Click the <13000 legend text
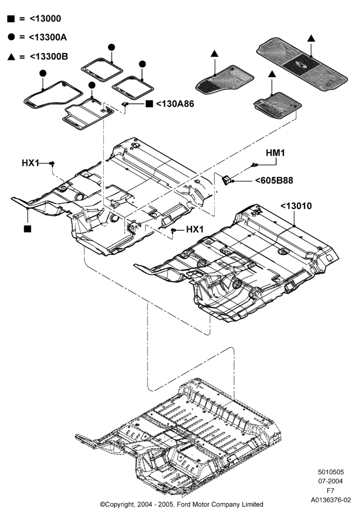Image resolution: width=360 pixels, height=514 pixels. tap(45, 19)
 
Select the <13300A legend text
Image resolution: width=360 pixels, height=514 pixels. tap(48, 38)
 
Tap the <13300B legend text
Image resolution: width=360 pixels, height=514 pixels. tap(49, 57)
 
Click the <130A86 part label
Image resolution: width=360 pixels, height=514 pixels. tap(175, 104)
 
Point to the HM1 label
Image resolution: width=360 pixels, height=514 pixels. tap(276, 153)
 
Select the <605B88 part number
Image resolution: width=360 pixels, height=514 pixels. tap(274, 180)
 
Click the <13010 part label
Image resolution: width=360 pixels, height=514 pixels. tap(296, 206)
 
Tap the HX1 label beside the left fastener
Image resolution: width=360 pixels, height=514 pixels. tap(30, 162)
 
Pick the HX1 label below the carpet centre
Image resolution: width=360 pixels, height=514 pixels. tap(195, 229)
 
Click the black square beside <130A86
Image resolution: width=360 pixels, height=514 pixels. tap(149, 104)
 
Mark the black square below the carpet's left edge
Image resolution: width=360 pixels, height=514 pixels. tap(28, 229)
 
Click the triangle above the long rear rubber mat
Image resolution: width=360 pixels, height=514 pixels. tap(311, 38)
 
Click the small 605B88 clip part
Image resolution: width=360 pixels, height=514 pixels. tap(227, 179)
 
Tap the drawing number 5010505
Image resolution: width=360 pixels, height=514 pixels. tap(331, 472)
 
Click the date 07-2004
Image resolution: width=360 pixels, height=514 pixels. tap(331, 481)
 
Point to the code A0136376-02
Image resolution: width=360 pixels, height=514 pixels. tap(331, 500)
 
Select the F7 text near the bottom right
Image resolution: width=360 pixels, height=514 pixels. tap(331, 491)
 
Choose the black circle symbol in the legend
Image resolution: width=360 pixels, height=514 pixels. tap(11, 37)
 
